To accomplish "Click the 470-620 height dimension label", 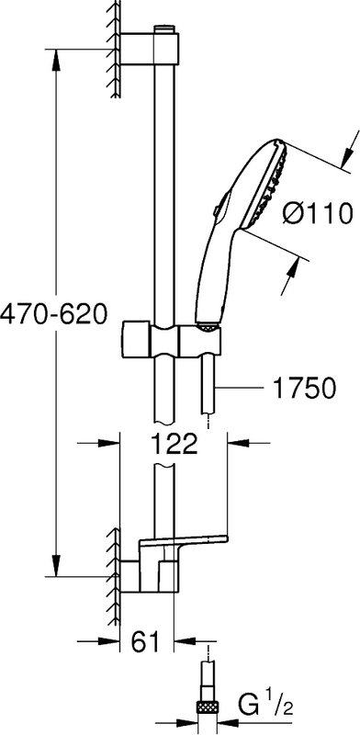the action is coord(53,314).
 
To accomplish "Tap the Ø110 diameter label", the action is coord(318,214).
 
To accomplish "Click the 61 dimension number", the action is coord(146,642).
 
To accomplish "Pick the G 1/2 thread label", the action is coord(265,707).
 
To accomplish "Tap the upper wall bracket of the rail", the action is coord(150,49).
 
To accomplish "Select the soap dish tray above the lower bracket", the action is coord(183,543).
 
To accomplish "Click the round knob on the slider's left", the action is coord(136,339).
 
